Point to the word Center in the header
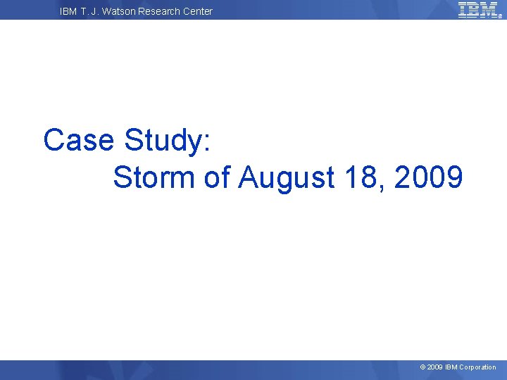coord(199,11)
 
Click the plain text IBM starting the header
coord(69,11)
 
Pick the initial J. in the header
coord(98,11)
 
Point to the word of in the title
coord(218,177)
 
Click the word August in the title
coord(286,178)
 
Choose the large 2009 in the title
coord(429,177)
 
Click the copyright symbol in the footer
coord(423,367)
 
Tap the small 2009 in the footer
coord(434,367)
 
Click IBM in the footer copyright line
coord(451,367)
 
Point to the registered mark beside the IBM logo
coord(501,17)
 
